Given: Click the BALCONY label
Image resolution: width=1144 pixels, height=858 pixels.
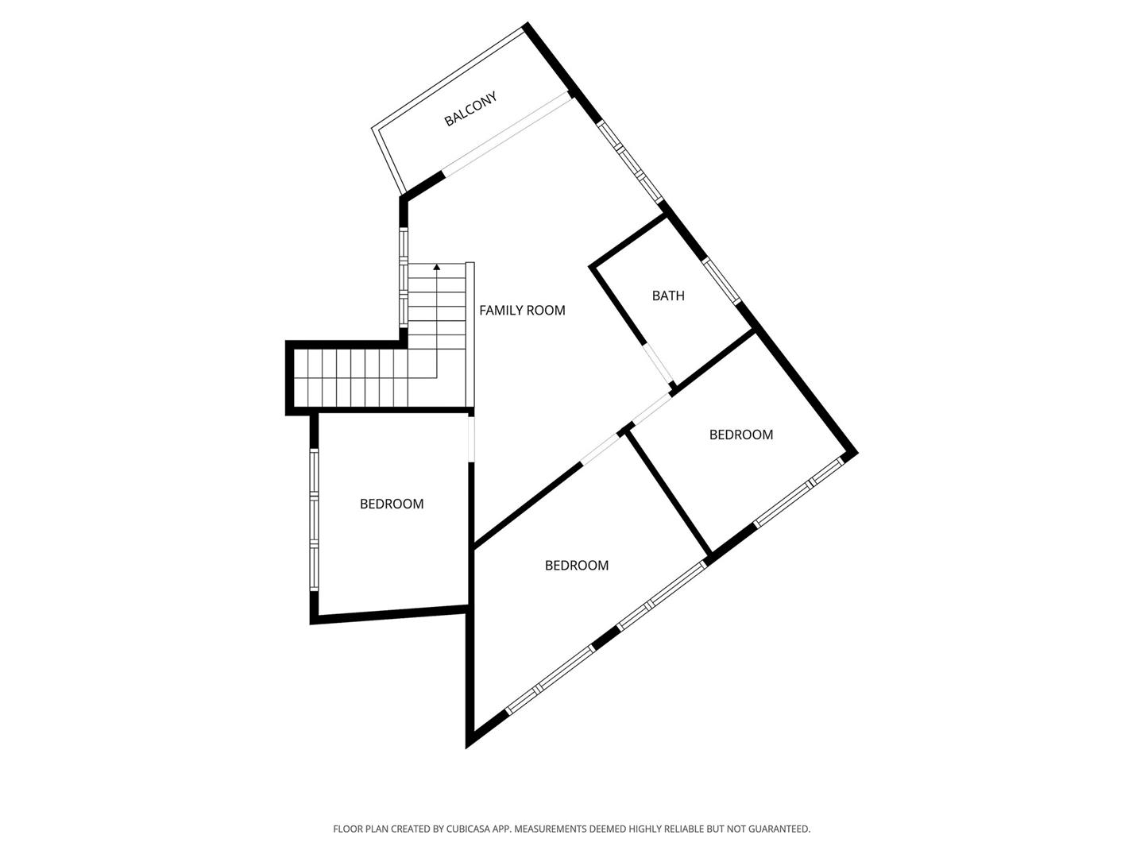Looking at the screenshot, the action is [x=470, y=109].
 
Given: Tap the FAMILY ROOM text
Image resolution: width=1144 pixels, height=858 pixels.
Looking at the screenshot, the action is [x=522, y=311].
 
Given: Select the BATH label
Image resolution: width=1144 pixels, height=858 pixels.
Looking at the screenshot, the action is [x=668, y=296].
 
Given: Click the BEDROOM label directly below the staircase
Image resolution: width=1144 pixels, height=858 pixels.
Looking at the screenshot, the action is [x=392, y=504].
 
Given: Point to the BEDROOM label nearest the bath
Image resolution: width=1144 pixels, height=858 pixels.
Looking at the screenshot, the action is [x=741, y=435].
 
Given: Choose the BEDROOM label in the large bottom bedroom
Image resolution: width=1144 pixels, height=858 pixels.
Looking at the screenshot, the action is [x=577, y=565].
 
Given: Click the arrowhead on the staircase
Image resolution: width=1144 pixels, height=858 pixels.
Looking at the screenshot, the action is [x=437, y=267].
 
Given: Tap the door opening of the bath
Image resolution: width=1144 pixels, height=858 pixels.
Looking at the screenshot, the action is [x=659, y=364].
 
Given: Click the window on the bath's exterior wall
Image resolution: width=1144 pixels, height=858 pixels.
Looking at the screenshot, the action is [x=721, y=280].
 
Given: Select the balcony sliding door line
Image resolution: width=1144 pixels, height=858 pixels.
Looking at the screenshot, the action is [x=505, y=134].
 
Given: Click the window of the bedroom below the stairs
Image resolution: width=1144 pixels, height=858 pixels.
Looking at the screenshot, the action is [x=314, y=520].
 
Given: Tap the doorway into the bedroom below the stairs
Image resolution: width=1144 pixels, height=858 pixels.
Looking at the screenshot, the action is [x=471, y=439].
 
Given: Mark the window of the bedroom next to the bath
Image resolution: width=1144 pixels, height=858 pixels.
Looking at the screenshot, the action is [x=798, y=492].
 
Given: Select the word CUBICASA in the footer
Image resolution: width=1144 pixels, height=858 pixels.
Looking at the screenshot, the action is [x=469, y=829].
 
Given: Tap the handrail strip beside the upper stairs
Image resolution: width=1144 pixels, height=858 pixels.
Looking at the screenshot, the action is [x=470, y=334].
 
